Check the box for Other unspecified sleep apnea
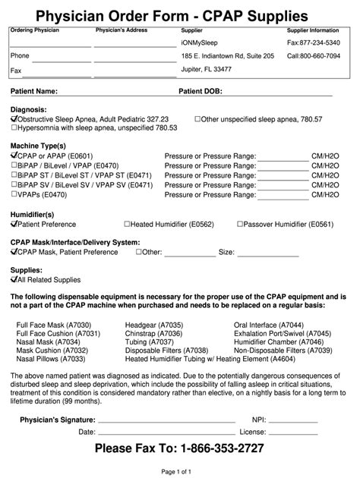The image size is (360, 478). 198,119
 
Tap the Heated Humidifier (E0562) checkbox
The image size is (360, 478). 128,224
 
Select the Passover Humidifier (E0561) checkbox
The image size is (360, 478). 240,224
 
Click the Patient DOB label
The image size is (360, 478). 201,91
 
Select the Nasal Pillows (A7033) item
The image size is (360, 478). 46,359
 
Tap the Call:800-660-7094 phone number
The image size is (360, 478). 313,56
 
